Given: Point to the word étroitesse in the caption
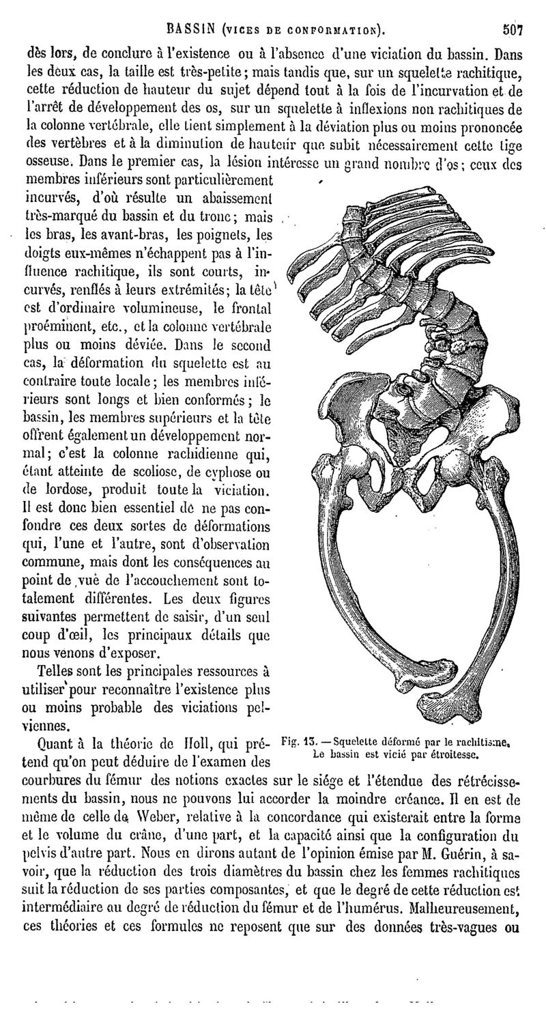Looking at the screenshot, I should coord(452,754).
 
